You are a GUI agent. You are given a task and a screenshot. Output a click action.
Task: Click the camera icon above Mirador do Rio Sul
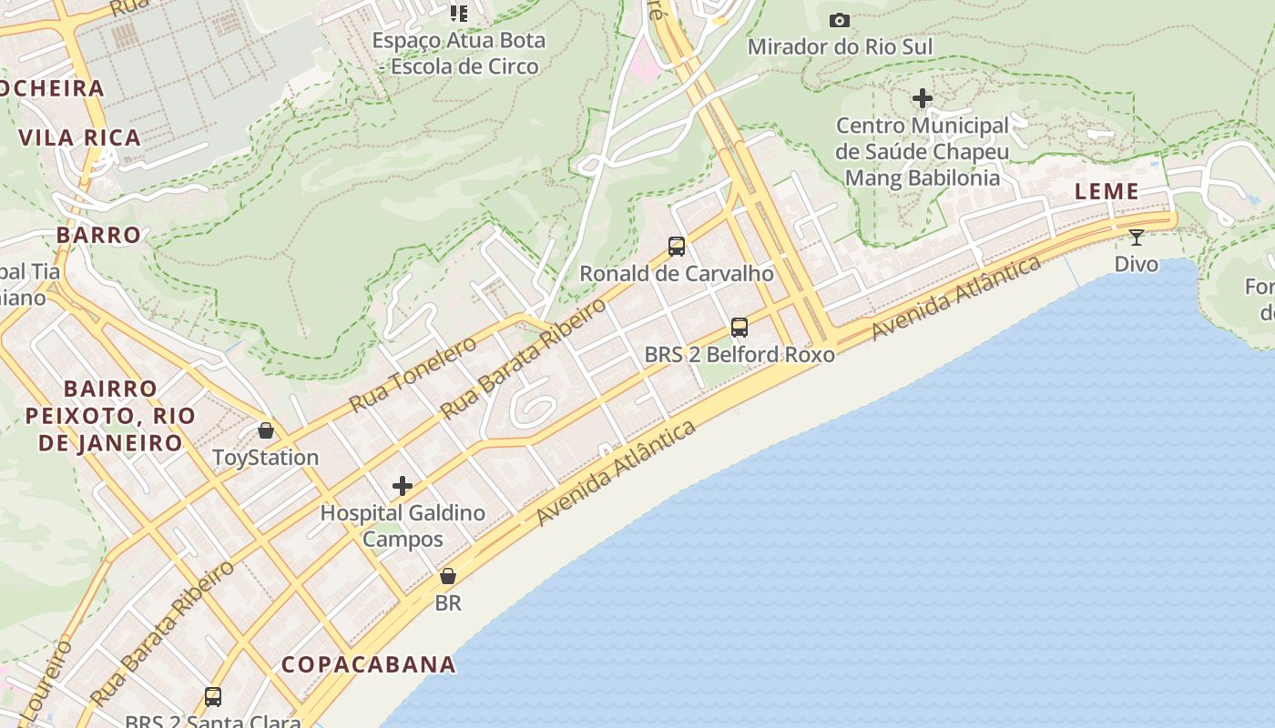pos(839,20)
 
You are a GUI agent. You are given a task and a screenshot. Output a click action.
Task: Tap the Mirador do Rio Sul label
pos(839,46)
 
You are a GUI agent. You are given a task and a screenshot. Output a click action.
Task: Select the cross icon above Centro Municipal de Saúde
pos(923,97)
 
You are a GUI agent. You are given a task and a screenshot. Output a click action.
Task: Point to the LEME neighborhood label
pos(1107,191)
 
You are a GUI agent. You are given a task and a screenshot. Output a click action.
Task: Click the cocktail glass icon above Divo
pos(1137,238)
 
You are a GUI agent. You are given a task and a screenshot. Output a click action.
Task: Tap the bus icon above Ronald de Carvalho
pos(676,246)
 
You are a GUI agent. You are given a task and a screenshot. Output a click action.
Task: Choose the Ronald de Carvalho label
pos(676,273)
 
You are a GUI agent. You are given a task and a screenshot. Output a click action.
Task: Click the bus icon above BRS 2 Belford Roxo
pos(739,327)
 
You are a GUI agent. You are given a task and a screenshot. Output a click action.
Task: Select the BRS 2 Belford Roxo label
pos(739,354)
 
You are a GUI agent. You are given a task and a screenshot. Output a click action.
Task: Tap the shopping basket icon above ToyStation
pos(266,430)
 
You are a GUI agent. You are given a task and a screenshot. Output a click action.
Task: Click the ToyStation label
pos(265,457)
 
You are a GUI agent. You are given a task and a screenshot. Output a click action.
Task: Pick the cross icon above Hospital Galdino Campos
pos(403,485)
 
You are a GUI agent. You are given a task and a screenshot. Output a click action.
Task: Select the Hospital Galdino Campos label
pos(403,526)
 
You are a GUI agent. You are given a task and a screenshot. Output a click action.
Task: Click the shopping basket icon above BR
pos(448,576)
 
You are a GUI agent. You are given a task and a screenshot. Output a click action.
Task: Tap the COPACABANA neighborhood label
pos(368,664)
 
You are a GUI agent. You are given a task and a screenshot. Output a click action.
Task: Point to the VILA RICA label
pos(80,138)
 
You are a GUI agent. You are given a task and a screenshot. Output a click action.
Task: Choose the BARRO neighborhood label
pos(98,235)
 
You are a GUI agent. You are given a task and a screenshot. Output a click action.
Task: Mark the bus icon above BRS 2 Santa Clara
pos(213,697)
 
